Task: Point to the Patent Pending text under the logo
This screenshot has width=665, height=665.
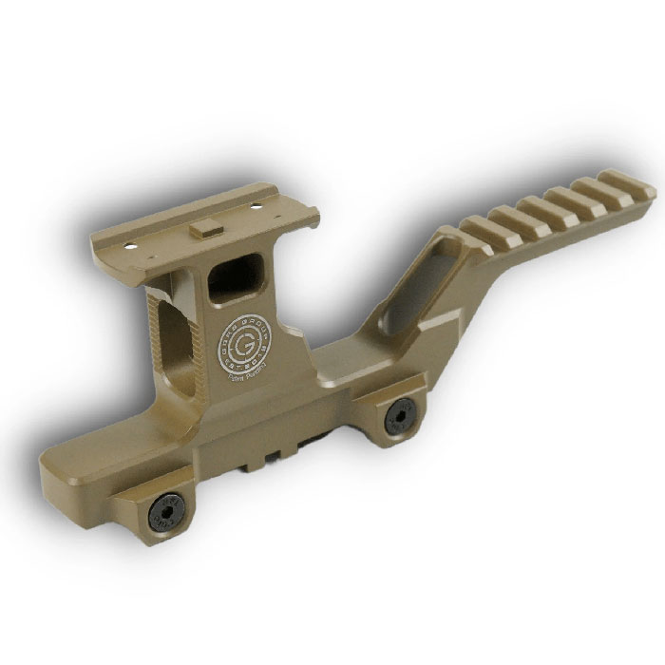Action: tap(252, 369)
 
